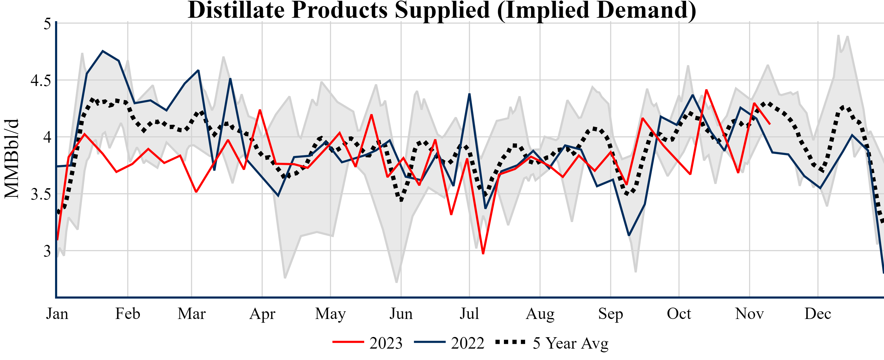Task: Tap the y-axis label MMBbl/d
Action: pyautogui.click(x=11, y=159)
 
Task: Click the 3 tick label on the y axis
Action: pyautogui.click(x=47, y=251)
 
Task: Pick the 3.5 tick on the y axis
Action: pyautogui.click(x=40, y=194)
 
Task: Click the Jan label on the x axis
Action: pyautogui.click(x=57, y=314)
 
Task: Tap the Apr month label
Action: pyautogui.click(x=262, y=314)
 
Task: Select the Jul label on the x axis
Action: pyautogui.click(x=469, y=314)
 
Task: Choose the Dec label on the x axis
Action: pyautogui.click(x=818, y=314)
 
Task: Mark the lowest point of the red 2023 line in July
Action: pyautogui.click(x=483, y=254)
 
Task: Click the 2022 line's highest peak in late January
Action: pyautogui.click(x=103, y=51)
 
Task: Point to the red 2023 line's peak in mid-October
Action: pyautogui.click(x=706, y=90)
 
